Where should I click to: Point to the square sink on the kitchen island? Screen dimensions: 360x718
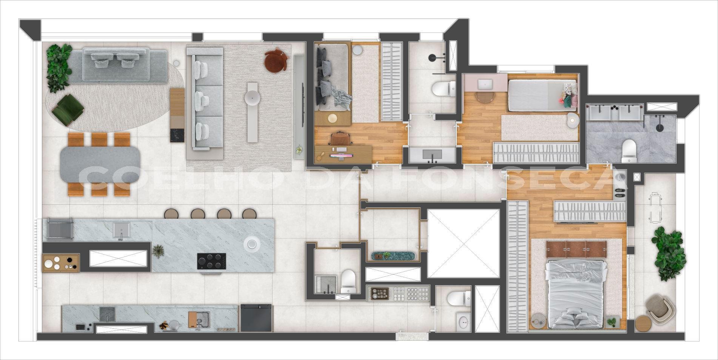[122, 230]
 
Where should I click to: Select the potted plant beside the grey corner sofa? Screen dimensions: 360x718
[59, 67]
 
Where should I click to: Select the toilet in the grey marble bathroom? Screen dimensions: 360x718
[629, 150]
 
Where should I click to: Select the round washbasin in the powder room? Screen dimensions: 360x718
[463, 322]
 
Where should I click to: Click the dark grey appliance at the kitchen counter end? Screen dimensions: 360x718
[256, 318]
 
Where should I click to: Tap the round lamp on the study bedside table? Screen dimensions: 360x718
[332, 118]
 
